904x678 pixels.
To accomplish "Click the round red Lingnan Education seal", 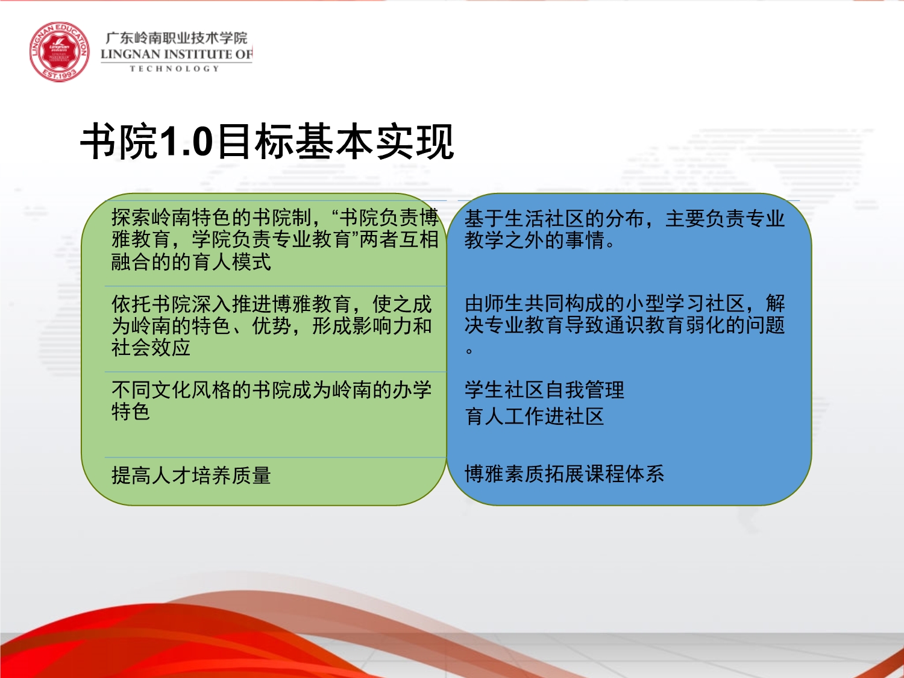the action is tap(59, 52).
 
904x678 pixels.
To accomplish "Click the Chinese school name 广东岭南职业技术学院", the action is tap(176, 38).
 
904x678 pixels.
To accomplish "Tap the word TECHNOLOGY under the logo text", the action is tap(175, 69).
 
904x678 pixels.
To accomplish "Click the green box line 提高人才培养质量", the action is tap(191, 476).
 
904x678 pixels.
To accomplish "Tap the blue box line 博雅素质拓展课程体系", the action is tap(564, 474).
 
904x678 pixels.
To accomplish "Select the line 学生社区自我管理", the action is tap(544, 390).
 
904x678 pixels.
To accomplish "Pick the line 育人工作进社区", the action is tap(534, 416).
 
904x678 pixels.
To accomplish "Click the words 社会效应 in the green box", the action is tap(151, 348).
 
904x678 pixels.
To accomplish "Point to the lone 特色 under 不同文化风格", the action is tap(131, 411).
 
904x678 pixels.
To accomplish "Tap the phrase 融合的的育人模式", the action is tap(191, 262).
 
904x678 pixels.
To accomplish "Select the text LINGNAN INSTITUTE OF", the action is tap(176, 54).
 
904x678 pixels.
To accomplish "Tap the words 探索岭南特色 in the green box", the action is tap(171, 218).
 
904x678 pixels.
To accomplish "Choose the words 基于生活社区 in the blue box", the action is tap(524, 219).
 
